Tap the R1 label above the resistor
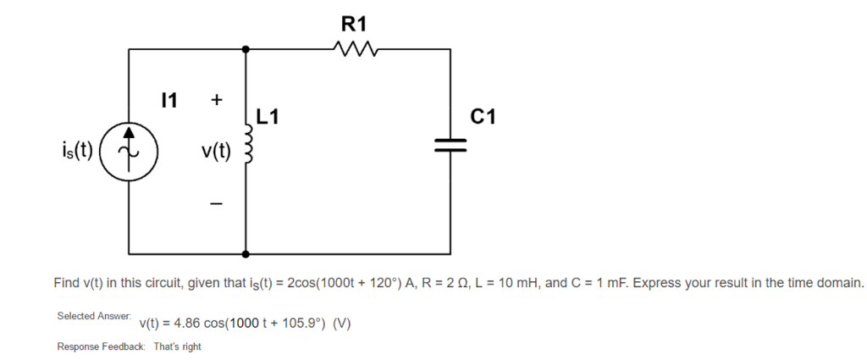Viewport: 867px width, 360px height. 355,24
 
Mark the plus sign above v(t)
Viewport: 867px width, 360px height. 216,100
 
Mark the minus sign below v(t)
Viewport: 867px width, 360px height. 216,203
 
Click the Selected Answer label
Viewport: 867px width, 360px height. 94,316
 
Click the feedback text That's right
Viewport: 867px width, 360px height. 178,346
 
